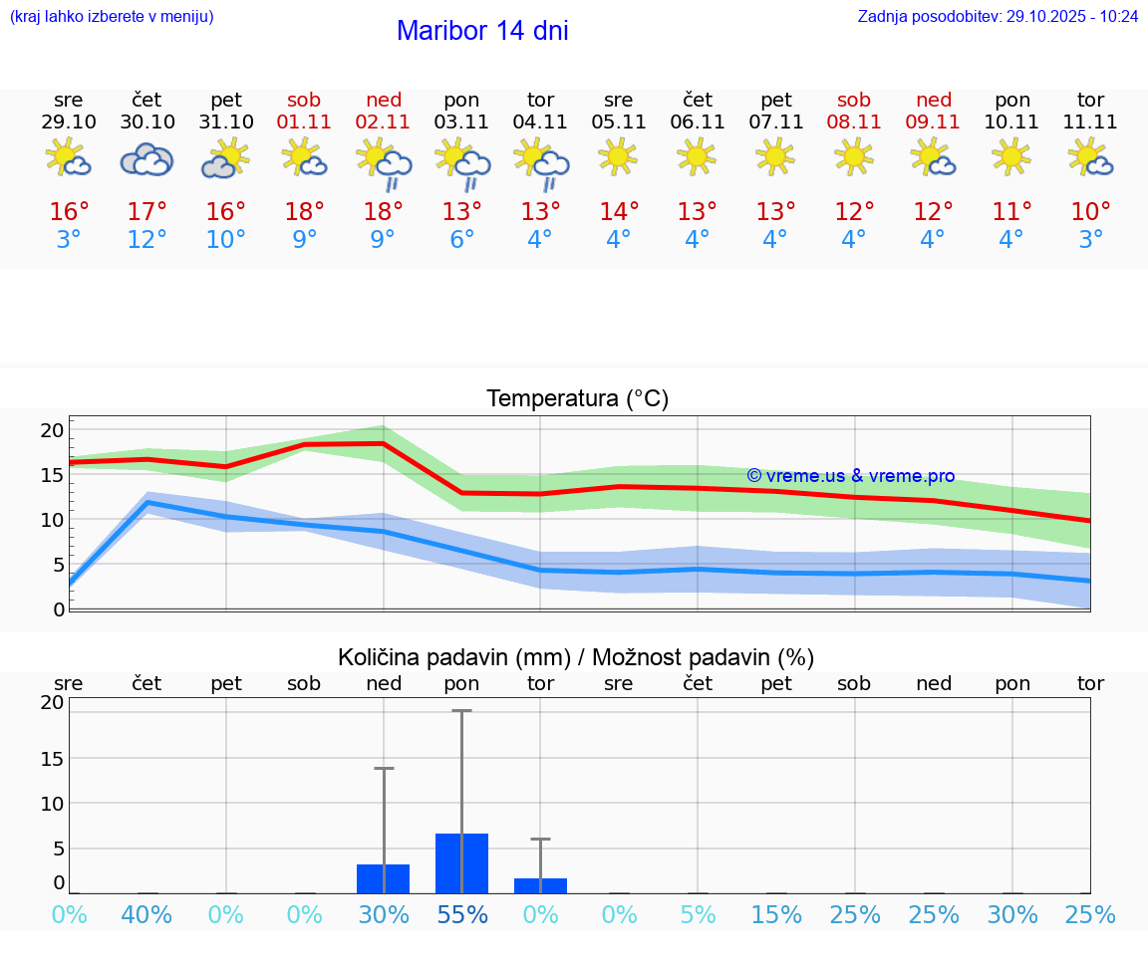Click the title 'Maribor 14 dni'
coord(482,31)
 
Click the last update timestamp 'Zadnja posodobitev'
coord(998,17)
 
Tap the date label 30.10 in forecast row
coord(147,122)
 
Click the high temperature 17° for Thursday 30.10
coord(147,212)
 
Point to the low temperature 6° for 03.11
coord(462,240)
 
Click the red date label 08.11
coord(854,122)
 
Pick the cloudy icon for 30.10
coord(147,159)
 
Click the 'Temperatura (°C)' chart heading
coord(577,399)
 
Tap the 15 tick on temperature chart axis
coord(52,475)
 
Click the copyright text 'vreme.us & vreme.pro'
coord(851,476)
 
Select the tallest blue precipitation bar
coord(462,863)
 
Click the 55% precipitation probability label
coord(462,915)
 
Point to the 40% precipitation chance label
coord(147,915)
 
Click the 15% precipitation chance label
coord(776,915)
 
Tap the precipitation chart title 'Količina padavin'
coord(576,657)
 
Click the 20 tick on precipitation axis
coord(52,702)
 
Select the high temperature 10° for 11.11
coord(1090,212)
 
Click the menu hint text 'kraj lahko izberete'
coord(112,17)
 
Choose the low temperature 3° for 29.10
coord(69,240)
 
